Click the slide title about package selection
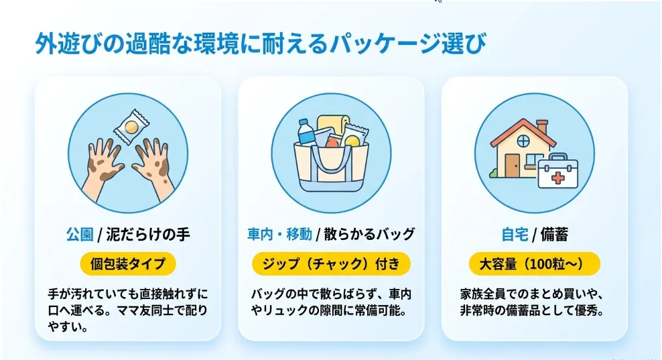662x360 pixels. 261,43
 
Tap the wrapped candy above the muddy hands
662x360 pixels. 132,126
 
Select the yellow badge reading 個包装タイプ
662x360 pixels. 128,263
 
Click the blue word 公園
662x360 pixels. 79,234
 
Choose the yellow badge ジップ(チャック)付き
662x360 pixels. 331,263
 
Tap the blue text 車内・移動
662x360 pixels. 279,234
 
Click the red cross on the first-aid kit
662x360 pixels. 557,178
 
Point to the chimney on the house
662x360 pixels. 541,126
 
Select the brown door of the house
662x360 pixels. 512,165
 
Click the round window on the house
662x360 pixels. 523,141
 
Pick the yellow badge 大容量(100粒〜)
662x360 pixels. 535,263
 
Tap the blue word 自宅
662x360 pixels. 515,234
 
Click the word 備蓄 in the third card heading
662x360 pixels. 554,234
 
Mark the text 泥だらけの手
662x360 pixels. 148,234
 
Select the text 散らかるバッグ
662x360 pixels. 369,234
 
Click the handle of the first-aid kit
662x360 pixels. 557,157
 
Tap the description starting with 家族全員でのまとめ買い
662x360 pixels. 532,302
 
